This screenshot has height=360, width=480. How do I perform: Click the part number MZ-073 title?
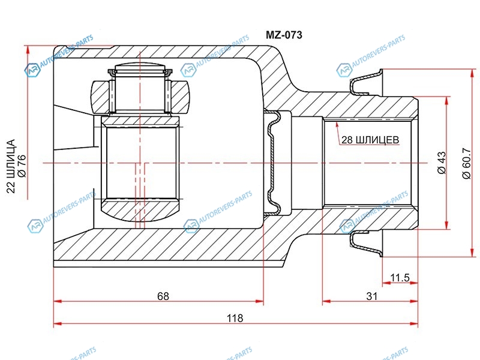(x=284, y=35)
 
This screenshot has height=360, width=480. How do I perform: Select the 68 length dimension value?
(x=163, y=296)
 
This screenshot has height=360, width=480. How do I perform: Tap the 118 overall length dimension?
(x=235, y=318)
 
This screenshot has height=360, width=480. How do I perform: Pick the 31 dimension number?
(x=371, y=296)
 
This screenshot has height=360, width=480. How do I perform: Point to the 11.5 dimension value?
(x=400, y=278)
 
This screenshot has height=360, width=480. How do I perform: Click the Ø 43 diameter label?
(x=442, y=163)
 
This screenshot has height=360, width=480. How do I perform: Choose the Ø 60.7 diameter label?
(x=466, y=163)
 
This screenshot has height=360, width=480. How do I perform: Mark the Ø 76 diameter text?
(x=22, y=166)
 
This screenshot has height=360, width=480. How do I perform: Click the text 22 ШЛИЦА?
(x=11, y=166)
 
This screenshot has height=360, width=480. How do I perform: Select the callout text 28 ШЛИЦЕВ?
(x=370, y=140)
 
